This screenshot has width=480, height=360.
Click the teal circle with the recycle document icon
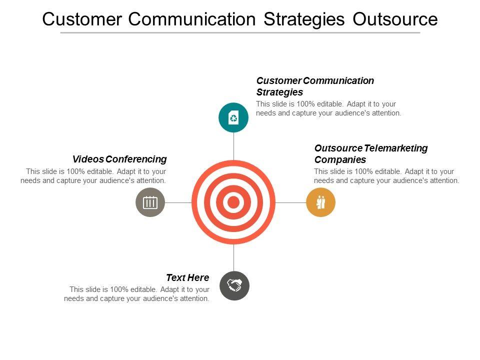pyautogui.click(x=233, y=117)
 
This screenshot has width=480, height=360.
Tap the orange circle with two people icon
pyautogui.click(x=320, y=202)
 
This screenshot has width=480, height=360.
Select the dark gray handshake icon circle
pyautogui.click(x=234, y=285)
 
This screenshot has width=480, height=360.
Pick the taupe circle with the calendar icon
pyautogui.click(x=150, y=202)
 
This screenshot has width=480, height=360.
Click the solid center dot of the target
pyautogui.click(x=233, y=202)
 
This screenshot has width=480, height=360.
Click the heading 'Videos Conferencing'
pyautogui.click(x=119, y=159)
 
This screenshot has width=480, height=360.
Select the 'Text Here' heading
pyautogui.click(x=187, y=277)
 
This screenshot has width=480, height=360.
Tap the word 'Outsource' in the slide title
pyautogui.click(x=395, y=19)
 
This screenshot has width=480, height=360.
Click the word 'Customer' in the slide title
pyautogui.click(x=81, y=19)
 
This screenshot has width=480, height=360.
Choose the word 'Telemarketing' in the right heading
pyautogui.click(x=396, y=148)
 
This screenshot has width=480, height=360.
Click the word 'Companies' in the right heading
pyautogui.click(x=340, y=160)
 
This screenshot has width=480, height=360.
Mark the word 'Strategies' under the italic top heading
pyautogui.click(x=279, y=92)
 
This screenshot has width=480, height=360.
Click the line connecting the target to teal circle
pyautogui.click(x=233, y=146)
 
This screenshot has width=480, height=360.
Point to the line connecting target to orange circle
pyautogui.click(x=290, y=202)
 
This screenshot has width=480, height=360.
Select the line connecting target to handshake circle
pyautogui.click(x=233, y=257)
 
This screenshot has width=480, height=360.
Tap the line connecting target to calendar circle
pyautogui.click(x=178, y=202)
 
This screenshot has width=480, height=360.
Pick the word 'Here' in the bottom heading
pyautogui.click(x=199, y=277)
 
